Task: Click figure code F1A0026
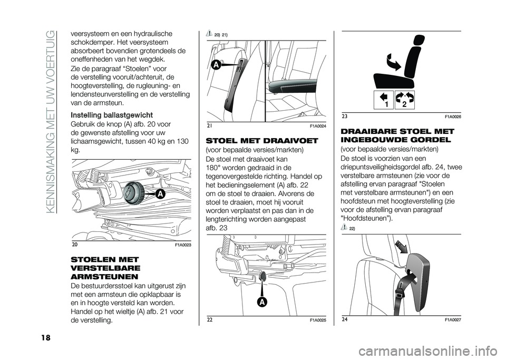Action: click(x=453, y=115)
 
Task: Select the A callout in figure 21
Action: click(x=216, y=65)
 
